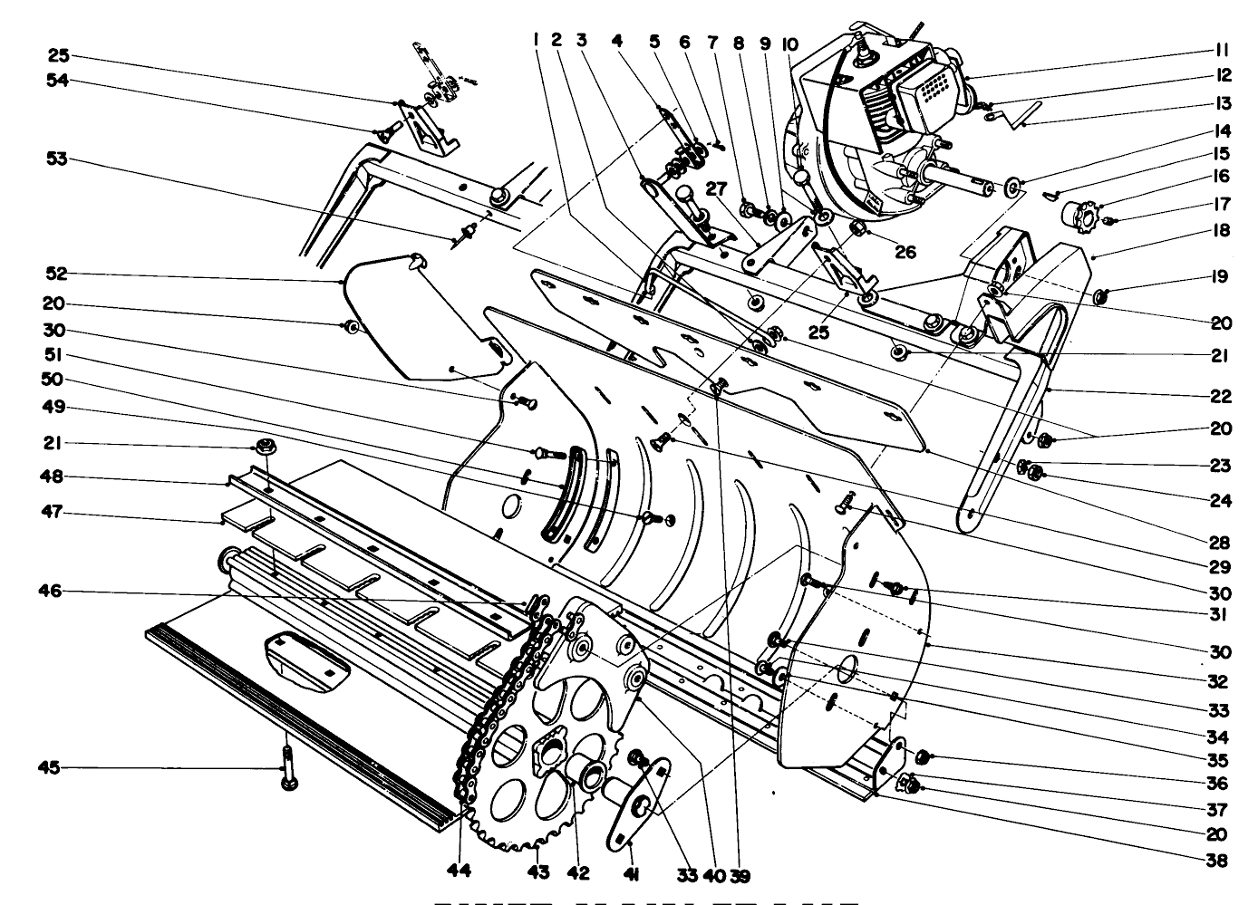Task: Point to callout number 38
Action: (x=1220, y=860)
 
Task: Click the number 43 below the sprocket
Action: (x=539, y=872)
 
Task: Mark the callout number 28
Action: (x=1220, y=543)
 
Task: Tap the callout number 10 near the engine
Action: (x=789, y=43)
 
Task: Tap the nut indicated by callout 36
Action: (x=922, y=756)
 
